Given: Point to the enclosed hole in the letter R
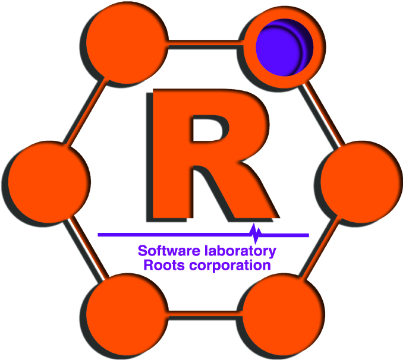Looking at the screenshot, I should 208,132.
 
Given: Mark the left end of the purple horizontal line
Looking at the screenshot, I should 100,234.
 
